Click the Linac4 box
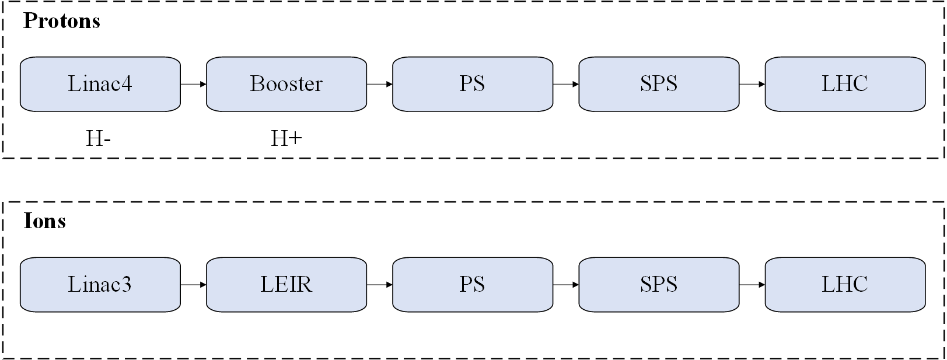[x=100, y=84]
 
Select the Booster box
[x=286, y=84]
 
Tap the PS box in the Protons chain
[x=473, y=84]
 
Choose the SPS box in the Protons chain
[x=659, y=84]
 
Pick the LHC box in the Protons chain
[x=845, y=84]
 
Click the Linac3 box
[x=100, y=285]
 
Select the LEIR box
[x=286, y=285]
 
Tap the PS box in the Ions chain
[x=473, y=285]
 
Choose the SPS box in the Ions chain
[x=659, y=285]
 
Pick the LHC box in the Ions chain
[x=845, y=285]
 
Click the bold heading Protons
[x=62, y=20]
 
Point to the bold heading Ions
[x=45, y=221]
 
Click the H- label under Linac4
[x=99, y=138]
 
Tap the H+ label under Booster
[x=286, y=138]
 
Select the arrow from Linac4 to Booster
[x=194, y=84]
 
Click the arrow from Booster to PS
[x=380, y=84]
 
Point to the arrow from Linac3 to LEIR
[x=194, y=285]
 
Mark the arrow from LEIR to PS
[x=380, y=285]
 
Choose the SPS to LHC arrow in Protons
[x=752, y=84]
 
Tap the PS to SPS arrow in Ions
[x=566, y=285]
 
